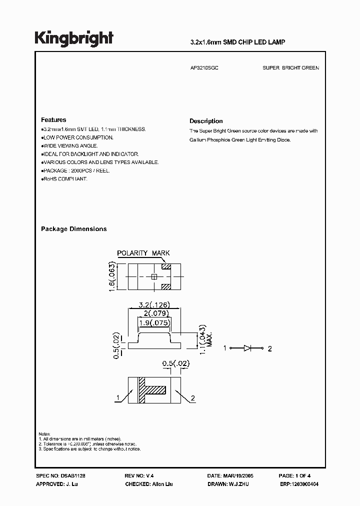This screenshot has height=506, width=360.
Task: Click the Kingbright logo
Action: click(74, 38)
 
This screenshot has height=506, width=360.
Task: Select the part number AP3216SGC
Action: click(203, 68)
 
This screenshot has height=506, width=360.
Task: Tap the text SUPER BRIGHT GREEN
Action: click(290, 68)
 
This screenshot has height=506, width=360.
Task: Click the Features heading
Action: click(53, 120)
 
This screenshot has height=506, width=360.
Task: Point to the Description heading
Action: click(206, 121)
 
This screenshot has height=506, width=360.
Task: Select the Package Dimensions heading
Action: click(73, 229)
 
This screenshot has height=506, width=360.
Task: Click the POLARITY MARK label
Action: click(143, 253)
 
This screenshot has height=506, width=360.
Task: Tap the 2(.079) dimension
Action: click(154, 313)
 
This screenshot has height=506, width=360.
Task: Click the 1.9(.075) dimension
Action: click(154, 322)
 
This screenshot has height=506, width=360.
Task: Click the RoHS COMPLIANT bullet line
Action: click(65, 179)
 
